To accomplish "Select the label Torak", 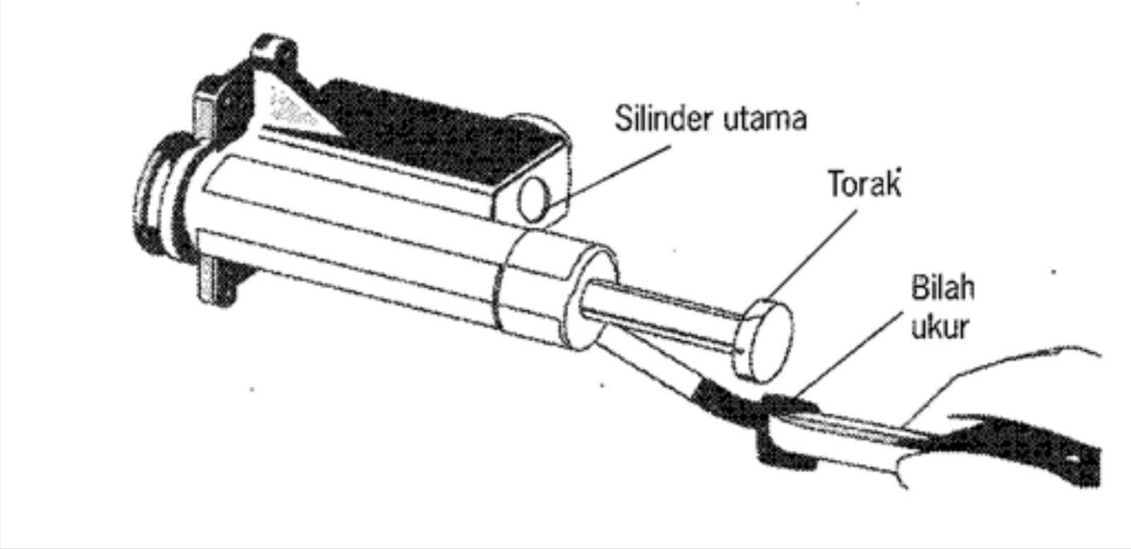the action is click(x=865, y=184).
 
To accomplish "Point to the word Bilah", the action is click(x=942, y=288).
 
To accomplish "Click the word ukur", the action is click(x=939, y=327).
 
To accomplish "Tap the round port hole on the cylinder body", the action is click(x=534, y=199).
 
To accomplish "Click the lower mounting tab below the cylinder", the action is click(x=216, y=283).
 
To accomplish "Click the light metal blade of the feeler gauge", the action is click(x=848, y=431).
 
